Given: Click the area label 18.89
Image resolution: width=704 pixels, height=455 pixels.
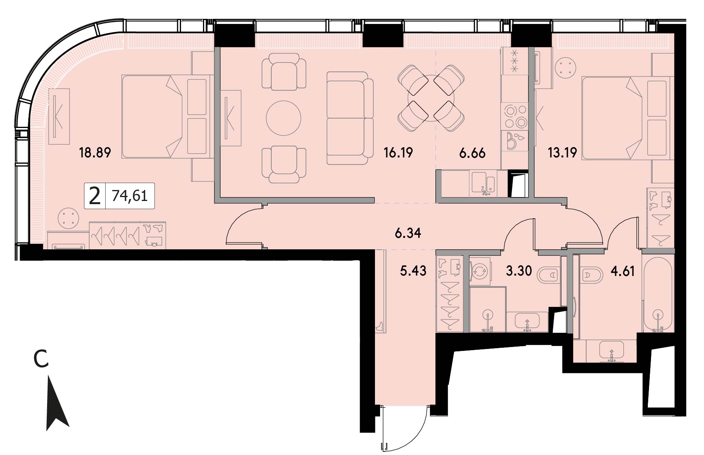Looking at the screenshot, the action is pos(95,152).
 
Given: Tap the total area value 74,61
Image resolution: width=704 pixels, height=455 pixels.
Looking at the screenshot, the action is pos(130,195).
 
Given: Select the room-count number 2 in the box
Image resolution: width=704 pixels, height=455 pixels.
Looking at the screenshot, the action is pos(95,196).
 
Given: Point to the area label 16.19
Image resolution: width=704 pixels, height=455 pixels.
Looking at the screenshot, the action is pos(399,152).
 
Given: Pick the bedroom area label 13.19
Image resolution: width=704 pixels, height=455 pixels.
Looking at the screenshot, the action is pos(562,152).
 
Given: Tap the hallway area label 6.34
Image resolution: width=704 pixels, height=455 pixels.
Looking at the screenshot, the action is pos(408,233).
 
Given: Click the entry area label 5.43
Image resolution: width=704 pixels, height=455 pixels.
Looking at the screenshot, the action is pos(413,270).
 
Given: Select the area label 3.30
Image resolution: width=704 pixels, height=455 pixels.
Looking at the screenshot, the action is pos(519,270).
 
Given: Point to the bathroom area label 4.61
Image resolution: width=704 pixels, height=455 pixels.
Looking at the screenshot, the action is pos(623,271).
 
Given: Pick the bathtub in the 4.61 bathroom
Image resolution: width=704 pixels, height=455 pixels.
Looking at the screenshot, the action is pos(657,295).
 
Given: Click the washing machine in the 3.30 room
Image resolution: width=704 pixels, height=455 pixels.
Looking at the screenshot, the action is pos(479,271).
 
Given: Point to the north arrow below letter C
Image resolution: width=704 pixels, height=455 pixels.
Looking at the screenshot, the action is pos(57,403).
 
